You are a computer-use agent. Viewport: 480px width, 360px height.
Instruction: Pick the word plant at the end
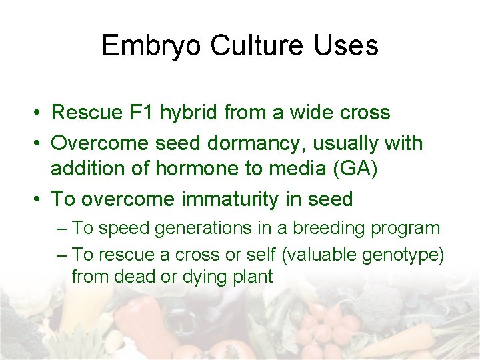coord(252,277)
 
